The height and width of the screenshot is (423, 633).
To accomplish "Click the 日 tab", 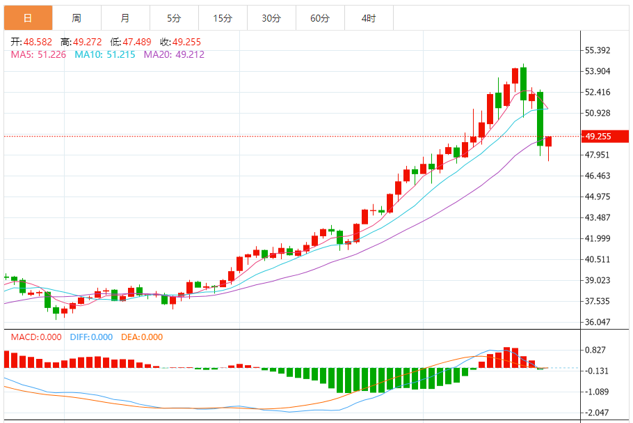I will pyautogui.click(x=28, y=18).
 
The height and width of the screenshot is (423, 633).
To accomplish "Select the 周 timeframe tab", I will pyautogui.click(x=76, y=18).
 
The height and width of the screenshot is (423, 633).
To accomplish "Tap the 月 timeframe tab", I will pyautogui.click(x=125, y=18).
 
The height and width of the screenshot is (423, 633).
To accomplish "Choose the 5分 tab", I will pyautogui.click(x=174, y=18).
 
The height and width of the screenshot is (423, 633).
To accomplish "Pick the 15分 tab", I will pyautogui.click(x=223, y=18).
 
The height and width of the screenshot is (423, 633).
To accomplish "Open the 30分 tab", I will pyautogui.click(x=271, y=18).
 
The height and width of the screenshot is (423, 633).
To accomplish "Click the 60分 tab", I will pyautogui.click(x=320, y=18).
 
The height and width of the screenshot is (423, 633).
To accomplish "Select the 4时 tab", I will pyautogui.click(x=369, y=18).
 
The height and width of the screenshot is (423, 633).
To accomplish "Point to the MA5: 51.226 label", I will pyautogui.click(x=38, y=54).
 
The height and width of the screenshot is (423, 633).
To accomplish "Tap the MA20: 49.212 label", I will pyautogui.click(x=174, y=54).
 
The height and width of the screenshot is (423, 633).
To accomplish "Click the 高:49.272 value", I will pyautogui.click(x=82, y=42).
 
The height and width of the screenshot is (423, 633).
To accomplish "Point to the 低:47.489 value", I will pyautogui.click(x=131, y=42).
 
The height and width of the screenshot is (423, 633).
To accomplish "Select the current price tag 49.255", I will pyautogui.click(x=598, y=137).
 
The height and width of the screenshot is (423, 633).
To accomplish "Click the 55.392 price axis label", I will pyautogui.click(x=598, y=50).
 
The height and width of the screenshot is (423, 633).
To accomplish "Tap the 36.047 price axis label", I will pyautogui.click(x=598, y=322).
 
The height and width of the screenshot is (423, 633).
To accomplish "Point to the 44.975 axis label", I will pyautogui.click(x=598, y=197).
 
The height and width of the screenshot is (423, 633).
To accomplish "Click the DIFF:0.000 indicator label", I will pyautogui.click(x=91, y=337).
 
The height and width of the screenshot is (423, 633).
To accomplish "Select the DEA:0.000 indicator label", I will pyautogui.click(x=142, y=337).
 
